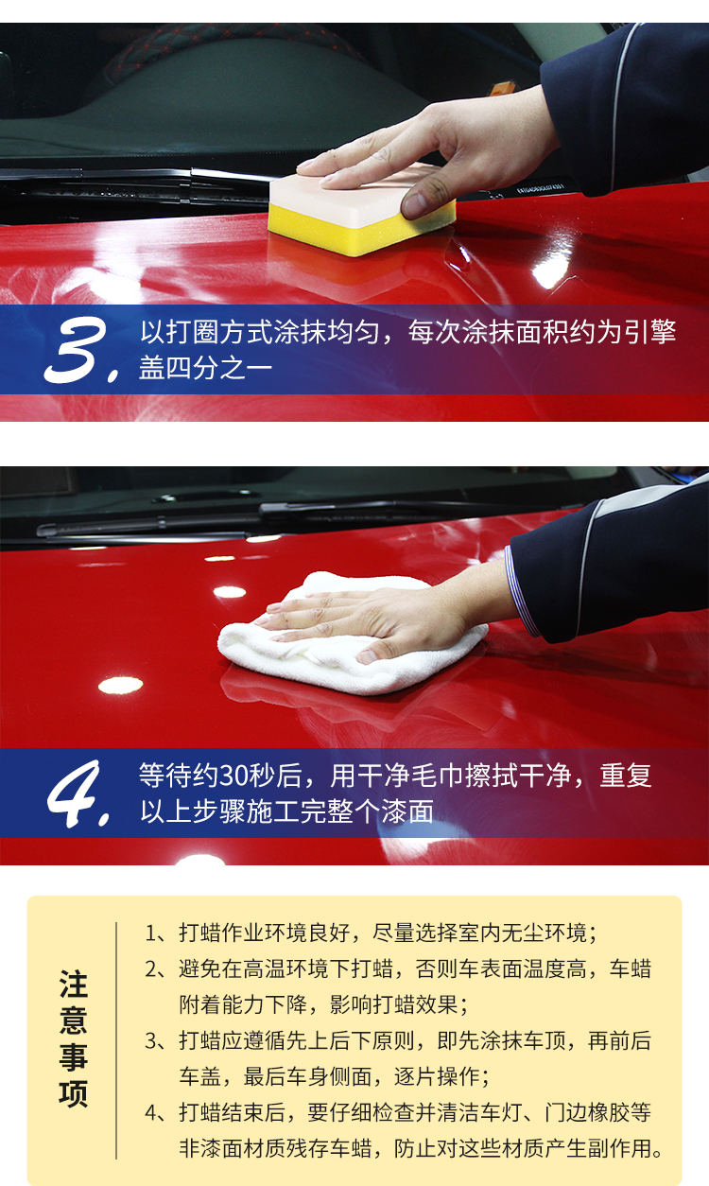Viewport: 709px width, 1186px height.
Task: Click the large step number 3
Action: pyautogui.click(x=77, y=350)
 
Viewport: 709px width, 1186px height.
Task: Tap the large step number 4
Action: pyautogui.click(x=73, y=794)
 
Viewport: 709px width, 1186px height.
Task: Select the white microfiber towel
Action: pyautogui.click(x=352, y=636)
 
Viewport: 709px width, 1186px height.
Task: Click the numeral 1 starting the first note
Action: pyautogui.click(x=151, y=933)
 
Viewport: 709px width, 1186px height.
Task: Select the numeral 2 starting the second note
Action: pyautogui.click(x=151, y=968)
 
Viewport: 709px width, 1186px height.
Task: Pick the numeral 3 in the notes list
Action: pyautogui.click(x=151, y=1041)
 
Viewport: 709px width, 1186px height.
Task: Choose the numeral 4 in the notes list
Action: pyautogui.click(x=151, y=1112)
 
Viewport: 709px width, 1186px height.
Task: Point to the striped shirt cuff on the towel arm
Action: pyautogui.click(x=521, y=592)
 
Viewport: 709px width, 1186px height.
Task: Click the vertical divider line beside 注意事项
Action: pyautogui.click(x=116, y=1040)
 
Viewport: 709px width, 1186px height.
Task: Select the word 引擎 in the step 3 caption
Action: pyautogui.click(x=650, y=332)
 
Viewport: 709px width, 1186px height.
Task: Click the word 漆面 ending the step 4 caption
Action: pyautogui.click(x=407, y=811)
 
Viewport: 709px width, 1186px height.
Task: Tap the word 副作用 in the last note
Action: pyautogui.click(x=619, y=1148)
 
